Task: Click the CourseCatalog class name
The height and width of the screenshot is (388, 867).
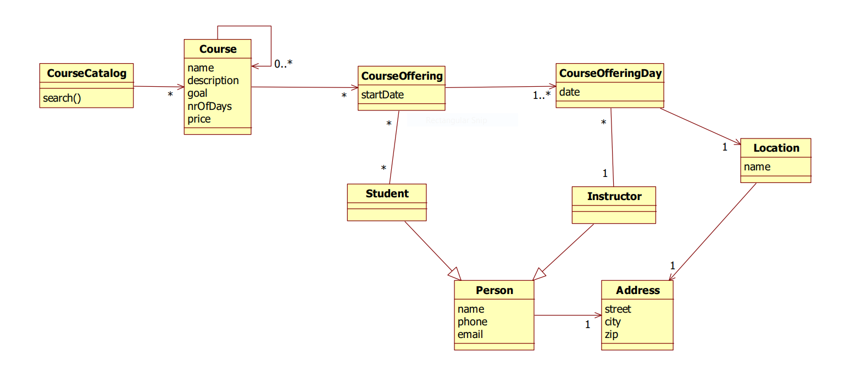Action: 86,73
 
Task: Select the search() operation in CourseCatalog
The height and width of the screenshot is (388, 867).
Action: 62,98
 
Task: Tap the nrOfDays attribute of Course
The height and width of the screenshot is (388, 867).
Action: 209,106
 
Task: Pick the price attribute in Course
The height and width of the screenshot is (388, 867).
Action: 199,119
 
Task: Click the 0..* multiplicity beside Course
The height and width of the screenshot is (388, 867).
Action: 283,64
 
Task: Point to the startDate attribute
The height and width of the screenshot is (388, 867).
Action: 382,95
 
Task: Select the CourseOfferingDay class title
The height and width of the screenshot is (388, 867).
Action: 610,73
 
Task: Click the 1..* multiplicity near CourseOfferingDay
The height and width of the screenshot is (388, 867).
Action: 541,95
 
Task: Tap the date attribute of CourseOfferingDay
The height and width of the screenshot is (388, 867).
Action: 569,92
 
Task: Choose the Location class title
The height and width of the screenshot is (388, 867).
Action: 776,148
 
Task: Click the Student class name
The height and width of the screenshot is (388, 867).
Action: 387,193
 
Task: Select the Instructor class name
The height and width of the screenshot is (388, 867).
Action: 614,196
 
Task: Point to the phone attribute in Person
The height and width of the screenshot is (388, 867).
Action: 473,322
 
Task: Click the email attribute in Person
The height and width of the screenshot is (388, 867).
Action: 470,334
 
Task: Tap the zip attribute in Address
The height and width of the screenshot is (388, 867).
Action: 612,334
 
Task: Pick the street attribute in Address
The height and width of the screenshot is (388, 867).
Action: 618,309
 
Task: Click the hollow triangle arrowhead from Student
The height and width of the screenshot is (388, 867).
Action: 455,274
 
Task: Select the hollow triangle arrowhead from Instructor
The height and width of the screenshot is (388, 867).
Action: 539,274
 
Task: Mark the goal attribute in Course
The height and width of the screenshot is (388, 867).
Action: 197,93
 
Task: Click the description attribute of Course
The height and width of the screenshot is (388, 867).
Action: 213,80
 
